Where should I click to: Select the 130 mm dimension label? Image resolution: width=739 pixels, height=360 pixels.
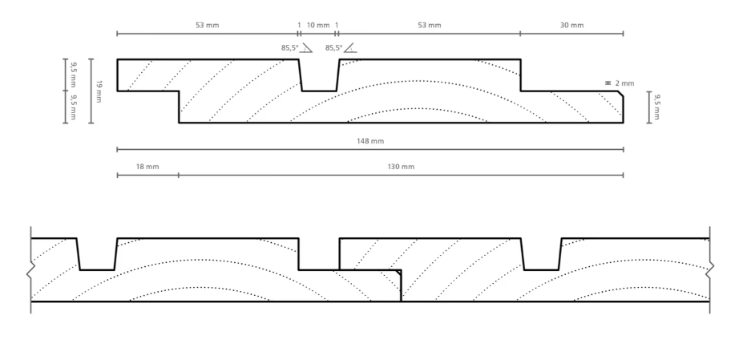tap(401, 167)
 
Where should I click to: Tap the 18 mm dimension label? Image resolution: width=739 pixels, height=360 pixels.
tap(147, 167)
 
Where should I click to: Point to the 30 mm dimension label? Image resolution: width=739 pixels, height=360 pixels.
tap(571, 26)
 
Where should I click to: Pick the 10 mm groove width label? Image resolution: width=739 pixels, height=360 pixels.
tap(317, 26)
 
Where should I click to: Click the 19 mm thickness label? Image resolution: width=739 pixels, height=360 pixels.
tap(99, 91)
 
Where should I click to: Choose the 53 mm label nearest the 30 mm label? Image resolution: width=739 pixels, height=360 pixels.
tap(429, 26)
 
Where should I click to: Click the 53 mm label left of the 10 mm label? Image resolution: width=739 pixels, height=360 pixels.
tap(207, 26)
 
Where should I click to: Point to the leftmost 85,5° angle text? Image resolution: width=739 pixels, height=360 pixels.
tap(289, 48)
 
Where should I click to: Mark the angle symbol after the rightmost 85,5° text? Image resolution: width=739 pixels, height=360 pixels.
tap(349, 49)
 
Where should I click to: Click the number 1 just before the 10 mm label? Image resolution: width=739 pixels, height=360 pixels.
tap(299, 26)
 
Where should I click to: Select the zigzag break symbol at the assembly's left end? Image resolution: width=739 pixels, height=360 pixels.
tap(30, 270)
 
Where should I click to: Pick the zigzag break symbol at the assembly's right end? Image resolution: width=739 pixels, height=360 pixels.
tap(709, 270)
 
